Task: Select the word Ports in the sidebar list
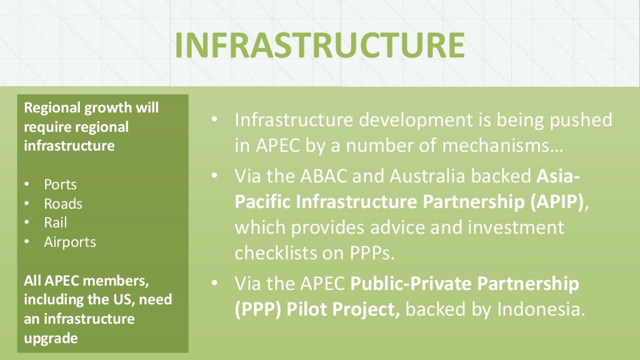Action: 60,185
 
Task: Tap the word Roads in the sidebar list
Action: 63,204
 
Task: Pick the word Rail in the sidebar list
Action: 55,222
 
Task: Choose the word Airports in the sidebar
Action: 70,242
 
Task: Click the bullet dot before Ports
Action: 27,185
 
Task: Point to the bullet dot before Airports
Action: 27,242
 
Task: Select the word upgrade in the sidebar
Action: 51,338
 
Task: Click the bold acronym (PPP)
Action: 261,309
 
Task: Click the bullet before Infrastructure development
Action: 215,119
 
